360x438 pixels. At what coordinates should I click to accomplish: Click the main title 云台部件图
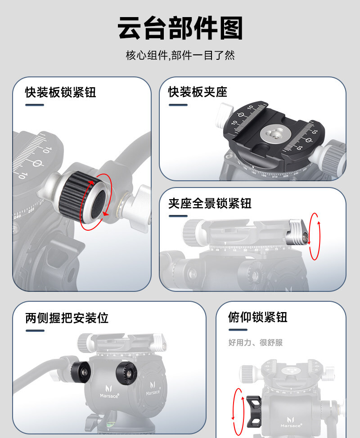point(180,28)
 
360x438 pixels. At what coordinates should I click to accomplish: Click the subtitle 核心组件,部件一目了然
point(180,55)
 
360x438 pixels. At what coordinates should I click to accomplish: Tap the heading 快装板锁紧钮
point(61,92)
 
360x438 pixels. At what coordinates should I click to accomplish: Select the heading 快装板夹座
point(198,92)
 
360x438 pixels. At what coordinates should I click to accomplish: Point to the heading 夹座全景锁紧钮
point(210,203)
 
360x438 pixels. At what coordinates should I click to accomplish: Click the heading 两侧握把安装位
point(67,317)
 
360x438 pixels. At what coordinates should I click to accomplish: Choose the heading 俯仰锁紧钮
point(258,317)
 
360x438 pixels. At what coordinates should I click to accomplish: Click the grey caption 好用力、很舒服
point(256,342)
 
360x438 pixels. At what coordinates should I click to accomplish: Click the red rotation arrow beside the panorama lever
point(315,237)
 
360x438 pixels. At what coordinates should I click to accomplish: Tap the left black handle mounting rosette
point(81,372)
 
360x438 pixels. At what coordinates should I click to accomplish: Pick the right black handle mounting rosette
point(126,373)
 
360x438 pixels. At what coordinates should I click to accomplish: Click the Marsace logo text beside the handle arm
point(109,396)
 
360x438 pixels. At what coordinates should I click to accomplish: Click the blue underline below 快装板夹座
point(178,105)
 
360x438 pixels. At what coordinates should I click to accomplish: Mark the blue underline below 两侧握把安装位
point(35,331)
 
